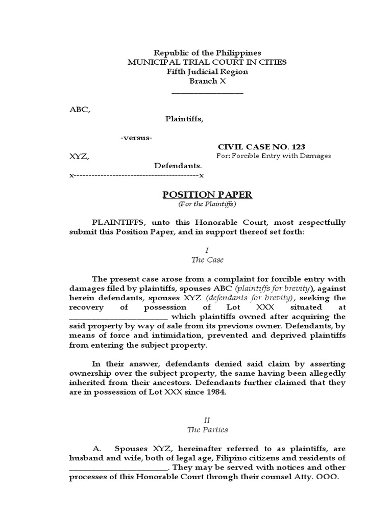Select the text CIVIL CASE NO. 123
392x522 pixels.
pyautogui.click(x=262, y=146)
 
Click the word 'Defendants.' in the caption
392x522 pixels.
pyautogui.click(x=179, y=166)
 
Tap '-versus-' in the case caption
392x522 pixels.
pyautogui.click(x=136, y=138)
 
